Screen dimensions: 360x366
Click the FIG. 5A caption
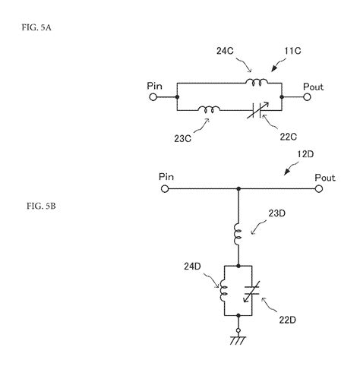coord(36,27)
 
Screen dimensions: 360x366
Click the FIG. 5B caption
coord(41,206)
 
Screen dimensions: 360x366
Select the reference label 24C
coord(225,51)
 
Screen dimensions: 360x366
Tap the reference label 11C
coord(292,51)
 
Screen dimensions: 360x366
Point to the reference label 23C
coord(182,139)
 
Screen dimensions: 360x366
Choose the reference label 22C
coord(289,137)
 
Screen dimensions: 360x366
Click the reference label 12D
coord(305,154)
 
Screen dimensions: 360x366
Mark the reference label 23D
coord(277,213)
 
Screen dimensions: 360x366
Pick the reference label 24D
coord(192,267)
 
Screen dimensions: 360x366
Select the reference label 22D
coord(288,320)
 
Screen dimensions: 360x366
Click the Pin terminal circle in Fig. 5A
coord(153,97)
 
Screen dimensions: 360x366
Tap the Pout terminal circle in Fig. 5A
coord(307,97)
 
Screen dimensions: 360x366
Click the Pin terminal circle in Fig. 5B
coord(165,189)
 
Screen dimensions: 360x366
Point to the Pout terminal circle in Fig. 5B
coord(319,189)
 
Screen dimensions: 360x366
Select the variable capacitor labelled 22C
coord(257,110)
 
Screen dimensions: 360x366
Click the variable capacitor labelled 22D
coord(252,291)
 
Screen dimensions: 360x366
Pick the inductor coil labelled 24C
coord(256,82)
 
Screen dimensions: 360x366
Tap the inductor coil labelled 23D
coord(238,234)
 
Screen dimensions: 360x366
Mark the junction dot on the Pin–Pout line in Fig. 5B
coord(238,189)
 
